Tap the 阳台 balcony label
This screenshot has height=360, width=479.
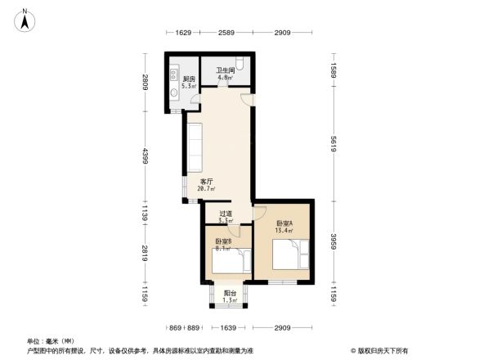pyautogui.click(x=231, y=297)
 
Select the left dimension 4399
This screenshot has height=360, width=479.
pyautogui.click(x=145, y=154)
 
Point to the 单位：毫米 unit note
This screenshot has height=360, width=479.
pyautogui.click(x=51, y=341)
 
